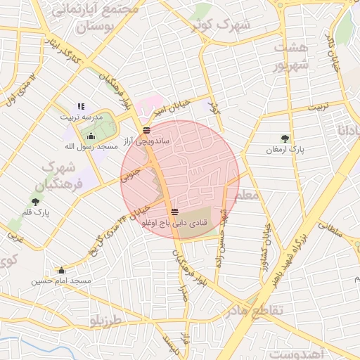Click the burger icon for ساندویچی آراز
[146, 130]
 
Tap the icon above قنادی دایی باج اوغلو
[174, 212]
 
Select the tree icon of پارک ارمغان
[284, 139]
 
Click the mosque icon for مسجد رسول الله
[91, 136]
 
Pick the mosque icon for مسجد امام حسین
[61, 270]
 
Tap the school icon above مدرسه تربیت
[81, 106]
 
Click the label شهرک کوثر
[225, 27]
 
